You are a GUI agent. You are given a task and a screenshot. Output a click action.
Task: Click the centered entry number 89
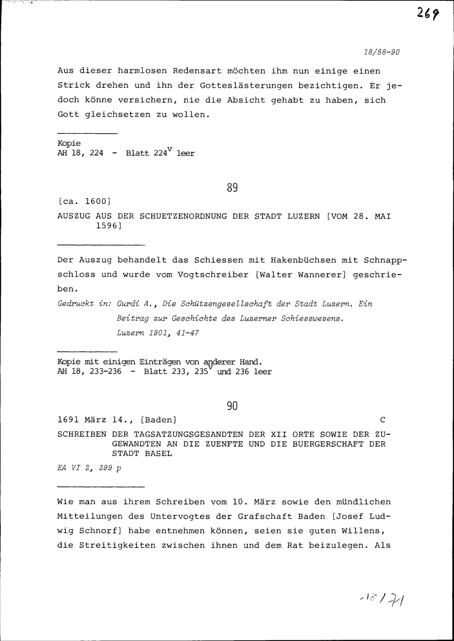tap(232, 187)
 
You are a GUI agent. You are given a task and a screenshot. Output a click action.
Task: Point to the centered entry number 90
tap(232, 406)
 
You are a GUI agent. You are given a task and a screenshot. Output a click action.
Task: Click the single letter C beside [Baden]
tap(382, 419)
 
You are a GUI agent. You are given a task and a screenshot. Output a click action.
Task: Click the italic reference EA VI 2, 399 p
tap(89, 467)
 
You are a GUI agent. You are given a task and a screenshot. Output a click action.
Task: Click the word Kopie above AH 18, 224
tap(69, 144)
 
